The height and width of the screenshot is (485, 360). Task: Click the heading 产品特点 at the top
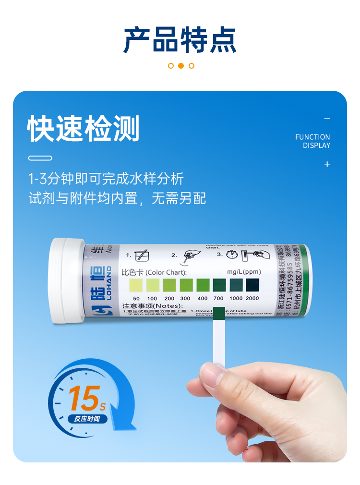tap(180, 40)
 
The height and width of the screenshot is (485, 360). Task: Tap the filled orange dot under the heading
tap(181, 66)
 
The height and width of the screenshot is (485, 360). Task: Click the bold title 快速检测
tap(84, 129)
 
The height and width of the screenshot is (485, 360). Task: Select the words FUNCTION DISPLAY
tap(312, 141)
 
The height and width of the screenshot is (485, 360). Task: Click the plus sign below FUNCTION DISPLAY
tap(327, 164)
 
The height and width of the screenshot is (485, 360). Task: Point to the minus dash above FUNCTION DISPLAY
tap(327, 119)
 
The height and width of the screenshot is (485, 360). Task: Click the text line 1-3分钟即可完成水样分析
tap(106, 179)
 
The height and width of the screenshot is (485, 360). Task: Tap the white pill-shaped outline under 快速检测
tap(40, 158)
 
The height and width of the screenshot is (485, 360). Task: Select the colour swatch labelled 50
tap(136, 286)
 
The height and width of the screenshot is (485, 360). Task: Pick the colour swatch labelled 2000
tap(252, 285)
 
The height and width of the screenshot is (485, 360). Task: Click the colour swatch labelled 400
tap(203, 286)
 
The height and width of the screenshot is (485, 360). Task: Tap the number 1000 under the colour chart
tap(236, 299)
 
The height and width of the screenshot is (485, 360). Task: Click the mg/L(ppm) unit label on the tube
tap(243, 272)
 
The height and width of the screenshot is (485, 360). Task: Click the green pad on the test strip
tap(218, 314)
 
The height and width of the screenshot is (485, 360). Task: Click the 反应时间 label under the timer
tap(87, 419)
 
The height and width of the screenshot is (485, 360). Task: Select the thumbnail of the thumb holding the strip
tap(212, 373)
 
